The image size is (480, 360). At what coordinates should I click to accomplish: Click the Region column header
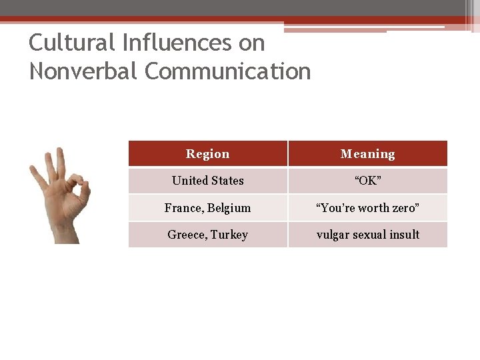click(207, 154)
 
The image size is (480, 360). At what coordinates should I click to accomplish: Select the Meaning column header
click(367, 154)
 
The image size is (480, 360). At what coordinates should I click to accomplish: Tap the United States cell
click(207, 181)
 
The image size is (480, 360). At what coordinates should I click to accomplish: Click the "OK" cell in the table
click(367, 181)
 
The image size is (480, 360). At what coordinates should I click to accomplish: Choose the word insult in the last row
click(405, 235)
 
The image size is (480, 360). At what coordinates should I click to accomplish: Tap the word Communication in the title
click(228, 71)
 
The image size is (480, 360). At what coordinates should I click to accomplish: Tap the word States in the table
click(227, 181)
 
